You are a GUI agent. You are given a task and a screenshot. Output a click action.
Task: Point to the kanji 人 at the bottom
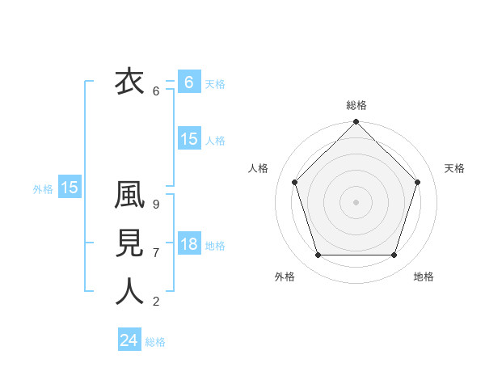pos(129,292)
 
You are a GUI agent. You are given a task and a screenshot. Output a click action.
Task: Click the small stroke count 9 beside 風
pos(156,205)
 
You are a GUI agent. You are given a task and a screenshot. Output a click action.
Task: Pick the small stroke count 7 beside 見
pos(156,253)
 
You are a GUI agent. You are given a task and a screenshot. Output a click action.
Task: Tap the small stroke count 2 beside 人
pos(156,302)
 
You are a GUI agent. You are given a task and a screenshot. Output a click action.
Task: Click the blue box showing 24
pos(129,340)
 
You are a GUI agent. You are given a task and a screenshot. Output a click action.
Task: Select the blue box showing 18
pos(189,244)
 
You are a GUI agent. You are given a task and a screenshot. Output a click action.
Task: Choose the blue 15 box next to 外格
pos(70,188)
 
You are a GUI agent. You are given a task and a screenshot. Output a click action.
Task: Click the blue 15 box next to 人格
pos(189,139)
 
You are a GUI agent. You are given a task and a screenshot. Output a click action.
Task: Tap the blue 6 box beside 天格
pos(189,82)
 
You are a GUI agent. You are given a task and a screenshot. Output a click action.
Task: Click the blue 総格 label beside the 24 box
pos(155,342)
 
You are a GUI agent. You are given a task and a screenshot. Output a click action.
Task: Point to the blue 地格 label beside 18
pos(215,246)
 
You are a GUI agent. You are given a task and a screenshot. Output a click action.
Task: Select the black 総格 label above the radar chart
pos(356,105)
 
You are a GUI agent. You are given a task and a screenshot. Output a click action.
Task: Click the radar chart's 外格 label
pos(285,277)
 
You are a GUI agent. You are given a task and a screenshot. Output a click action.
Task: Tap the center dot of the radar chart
pos(356,201)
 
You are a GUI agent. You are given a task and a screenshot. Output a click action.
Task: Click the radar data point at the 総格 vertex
pos(356,124)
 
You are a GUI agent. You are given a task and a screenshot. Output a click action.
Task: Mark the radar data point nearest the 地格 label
pos(394,255)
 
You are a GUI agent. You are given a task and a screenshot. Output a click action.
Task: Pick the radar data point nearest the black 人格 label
pos(294,182)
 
